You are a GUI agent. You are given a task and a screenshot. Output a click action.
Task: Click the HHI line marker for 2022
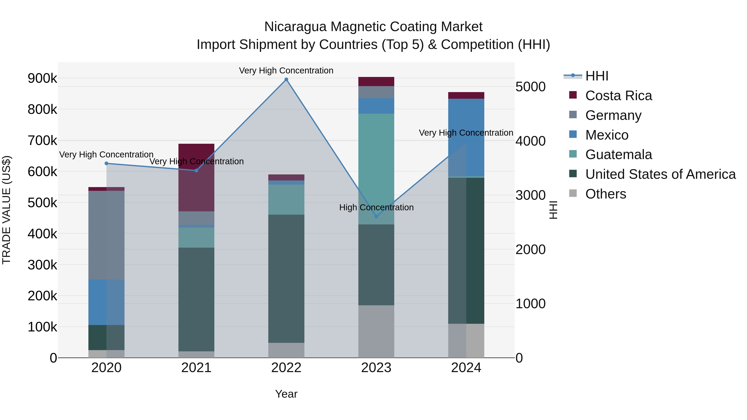pos(286,79)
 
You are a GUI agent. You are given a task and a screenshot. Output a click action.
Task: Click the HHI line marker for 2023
pos(376,217)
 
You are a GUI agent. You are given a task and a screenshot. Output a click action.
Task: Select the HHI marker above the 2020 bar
pos(106,163)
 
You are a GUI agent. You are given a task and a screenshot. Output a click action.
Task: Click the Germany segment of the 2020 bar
pos(106,235)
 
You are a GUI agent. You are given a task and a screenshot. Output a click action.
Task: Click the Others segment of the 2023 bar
pos(376,331)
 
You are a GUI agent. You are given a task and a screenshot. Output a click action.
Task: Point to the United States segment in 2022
pos(286,279)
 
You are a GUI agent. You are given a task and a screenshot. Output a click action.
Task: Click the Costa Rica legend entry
pos(618,96)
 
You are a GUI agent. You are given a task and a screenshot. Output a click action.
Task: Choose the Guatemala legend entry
pos(618,155)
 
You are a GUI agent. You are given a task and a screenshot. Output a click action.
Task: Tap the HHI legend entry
pos(597,76)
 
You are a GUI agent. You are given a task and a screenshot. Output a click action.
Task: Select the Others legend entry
pos(605,194)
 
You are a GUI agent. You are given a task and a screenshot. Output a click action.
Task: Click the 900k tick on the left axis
pos(42,78)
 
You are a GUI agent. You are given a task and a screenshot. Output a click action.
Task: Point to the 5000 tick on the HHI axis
pos(530,87)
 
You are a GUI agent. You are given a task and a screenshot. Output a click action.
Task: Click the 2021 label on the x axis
pos(196,368)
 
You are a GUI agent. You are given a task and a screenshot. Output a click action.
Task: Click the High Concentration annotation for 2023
pos(376,208)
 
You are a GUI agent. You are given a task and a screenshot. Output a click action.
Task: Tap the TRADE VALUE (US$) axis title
pos(6,210)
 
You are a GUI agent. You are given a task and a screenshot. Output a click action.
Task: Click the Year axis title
pos(286,394)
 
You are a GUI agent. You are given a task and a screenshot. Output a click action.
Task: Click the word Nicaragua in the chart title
pos(295,27)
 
